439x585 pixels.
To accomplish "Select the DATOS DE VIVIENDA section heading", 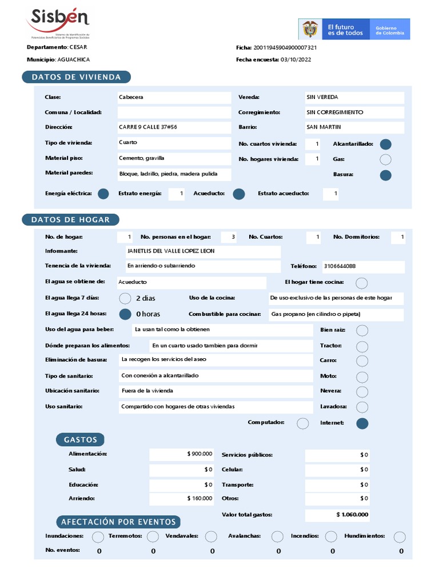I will click(x=76, y=77).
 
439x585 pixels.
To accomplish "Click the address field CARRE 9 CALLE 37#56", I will click(x=148, y=127).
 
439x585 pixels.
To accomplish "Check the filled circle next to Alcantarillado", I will click(x=386, y=145).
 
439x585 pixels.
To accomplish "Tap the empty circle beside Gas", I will click(x=386, y=159).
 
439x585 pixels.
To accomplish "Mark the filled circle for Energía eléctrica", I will click(x=103, y=194).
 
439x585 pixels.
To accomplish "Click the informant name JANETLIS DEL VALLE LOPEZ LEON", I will click(x=171, y=251).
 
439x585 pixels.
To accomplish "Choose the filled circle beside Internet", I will click(x=362, y=423).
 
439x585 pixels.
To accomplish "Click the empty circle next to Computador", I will click(x=303, y=423).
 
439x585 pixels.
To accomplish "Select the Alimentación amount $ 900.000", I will click(x=199, y=454).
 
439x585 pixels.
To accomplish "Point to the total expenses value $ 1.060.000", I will click(x=352, y=515).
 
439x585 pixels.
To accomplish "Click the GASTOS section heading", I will click(x=80, y=439).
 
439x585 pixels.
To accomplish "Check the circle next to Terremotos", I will click(x=153, y=536).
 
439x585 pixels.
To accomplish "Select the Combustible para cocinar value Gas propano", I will click(x=316, y=315).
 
